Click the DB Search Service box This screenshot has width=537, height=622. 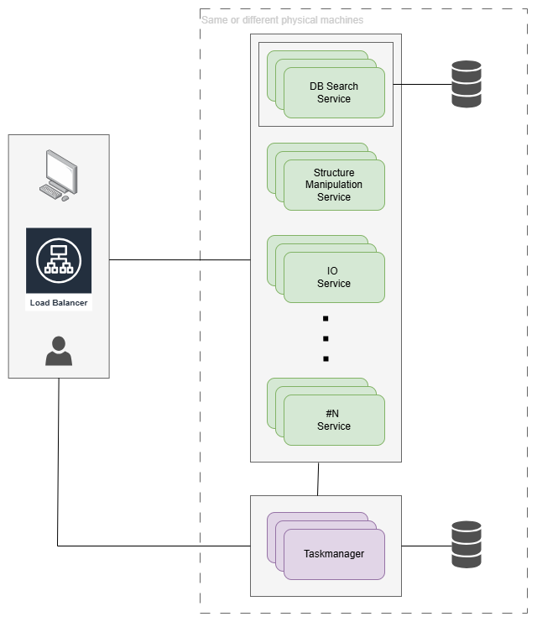334,93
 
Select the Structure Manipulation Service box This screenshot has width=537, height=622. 334,185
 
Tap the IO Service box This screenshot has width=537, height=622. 334,277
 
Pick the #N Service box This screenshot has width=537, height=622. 334,420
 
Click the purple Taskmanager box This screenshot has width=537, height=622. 334,554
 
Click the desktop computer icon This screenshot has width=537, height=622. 59,175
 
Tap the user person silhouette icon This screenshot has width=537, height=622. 59,351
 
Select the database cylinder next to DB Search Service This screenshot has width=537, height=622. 467,84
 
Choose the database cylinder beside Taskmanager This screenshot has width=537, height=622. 467,544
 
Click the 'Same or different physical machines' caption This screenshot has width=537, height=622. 283,19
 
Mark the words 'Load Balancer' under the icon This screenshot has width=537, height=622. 59,303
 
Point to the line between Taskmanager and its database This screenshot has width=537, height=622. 426,546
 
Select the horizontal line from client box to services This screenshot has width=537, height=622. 180,260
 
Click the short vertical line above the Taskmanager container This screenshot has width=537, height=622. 318,478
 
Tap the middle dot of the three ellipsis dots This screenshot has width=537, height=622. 326,339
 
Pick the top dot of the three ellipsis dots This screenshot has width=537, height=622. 326,319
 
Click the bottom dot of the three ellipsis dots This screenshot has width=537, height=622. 326,359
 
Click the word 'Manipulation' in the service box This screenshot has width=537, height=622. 334,185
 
